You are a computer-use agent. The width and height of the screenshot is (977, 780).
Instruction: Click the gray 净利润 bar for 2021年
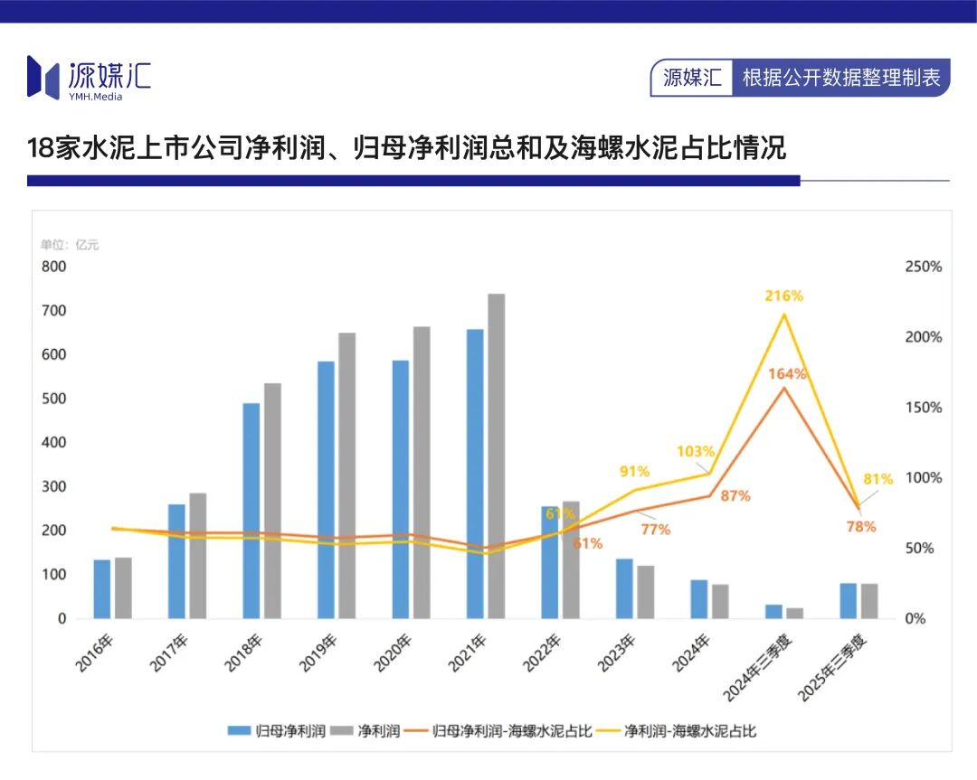click(x=496, y=456)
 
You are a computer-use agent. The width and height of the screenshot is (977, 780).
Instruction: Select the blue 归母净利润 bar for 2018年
click(x=251, y=511)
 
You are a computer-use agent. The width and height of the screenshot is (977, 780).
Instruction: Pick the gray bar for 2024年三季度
click(x=794, y=614)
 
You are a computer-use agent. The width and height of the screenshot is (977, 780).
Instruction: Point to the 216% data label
click(x=784, y=296)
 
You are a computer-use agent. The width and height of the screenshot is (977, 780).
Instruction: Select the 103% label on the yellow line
click(x=697, y=451)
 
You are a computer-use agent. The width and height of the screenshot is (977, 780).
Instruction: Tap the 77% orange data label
click(x=655, y=530)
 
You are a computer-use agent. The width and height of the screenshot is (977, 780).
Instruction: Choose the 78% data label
click(x=860, y=526)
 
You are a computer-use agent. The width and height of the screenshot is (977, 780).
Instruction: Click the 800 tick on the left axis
click(x=53, y=267)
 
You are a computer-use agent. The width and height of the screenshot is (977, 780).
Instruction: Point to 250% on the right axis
click(x=923, y=267)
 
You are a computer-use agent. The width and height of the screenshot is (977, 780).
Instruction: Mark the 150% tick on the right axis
click(x=923, y=408)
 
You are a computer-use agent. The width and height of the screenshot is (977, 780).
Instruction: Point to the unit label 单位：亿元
click(x=70, y=245)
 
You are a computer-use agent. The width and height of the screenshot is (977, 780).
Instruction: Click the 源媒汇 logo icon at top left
click(x=43, y=77)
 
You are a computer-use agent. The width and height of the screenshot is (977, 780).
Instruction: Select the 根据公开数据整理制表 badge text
click(x=841, y=78)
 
